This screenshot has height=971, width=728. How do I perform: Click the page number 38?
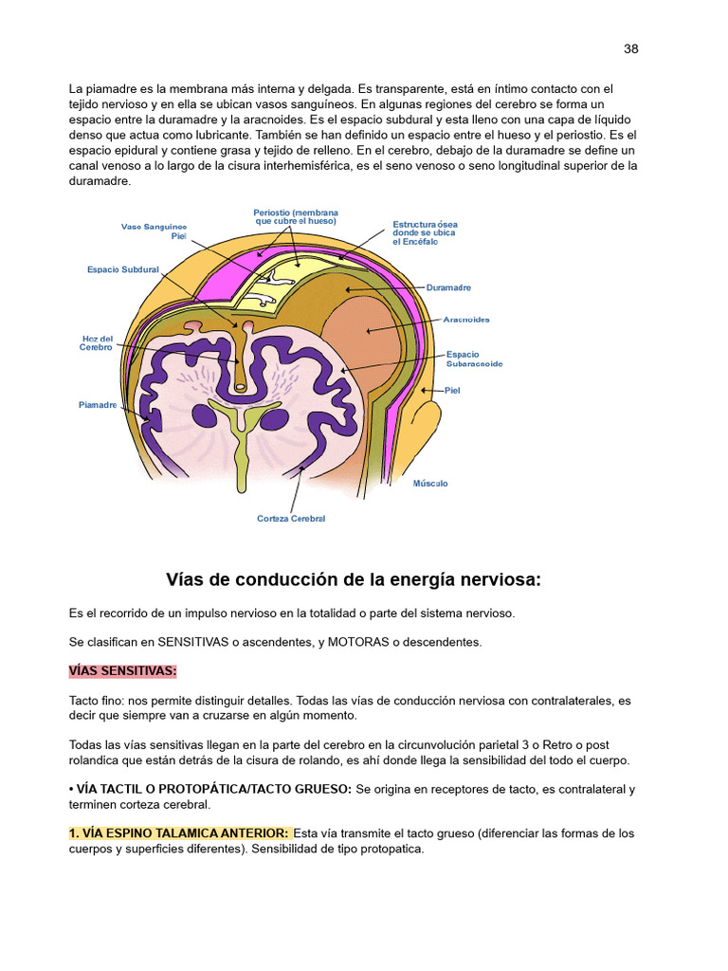(630, 49)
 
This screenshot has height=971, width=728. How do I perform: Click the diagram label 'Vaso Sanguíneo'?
(154, 227)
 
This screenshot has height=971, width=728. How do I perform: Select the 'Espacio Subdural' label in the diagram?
(123, 269)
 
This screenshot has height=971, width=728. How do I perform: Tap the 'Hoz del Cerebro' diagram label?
(96, 343)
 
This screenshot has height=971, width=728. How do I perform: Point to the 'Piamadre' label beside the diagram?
(98, 405)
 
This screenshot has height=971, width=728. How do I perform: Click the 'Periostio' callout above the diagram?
(296, 216)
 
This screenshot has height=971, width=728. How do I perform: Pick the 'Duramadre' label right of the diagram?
(448, 287)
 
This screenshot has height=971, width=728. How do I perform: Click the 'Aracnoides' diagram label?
(466, 320)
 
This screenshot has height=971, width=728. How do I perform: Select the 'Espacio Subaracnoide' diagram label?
(474, 358)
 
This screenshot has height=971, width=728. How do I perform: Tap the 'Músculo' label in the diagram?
(429, 484)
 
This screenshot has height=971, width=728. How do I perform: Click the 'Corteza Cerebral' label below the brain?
(291, 519)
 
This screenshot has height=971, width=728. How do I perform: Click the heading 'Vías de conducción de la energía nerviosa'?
(354, 579)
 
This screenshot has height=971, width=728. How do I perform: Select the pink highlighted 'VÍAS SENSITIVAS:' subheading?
(122, 671)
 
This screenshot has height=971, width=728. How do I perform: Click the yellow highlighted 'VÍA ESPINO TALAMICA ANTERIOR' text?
(177, 833)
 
